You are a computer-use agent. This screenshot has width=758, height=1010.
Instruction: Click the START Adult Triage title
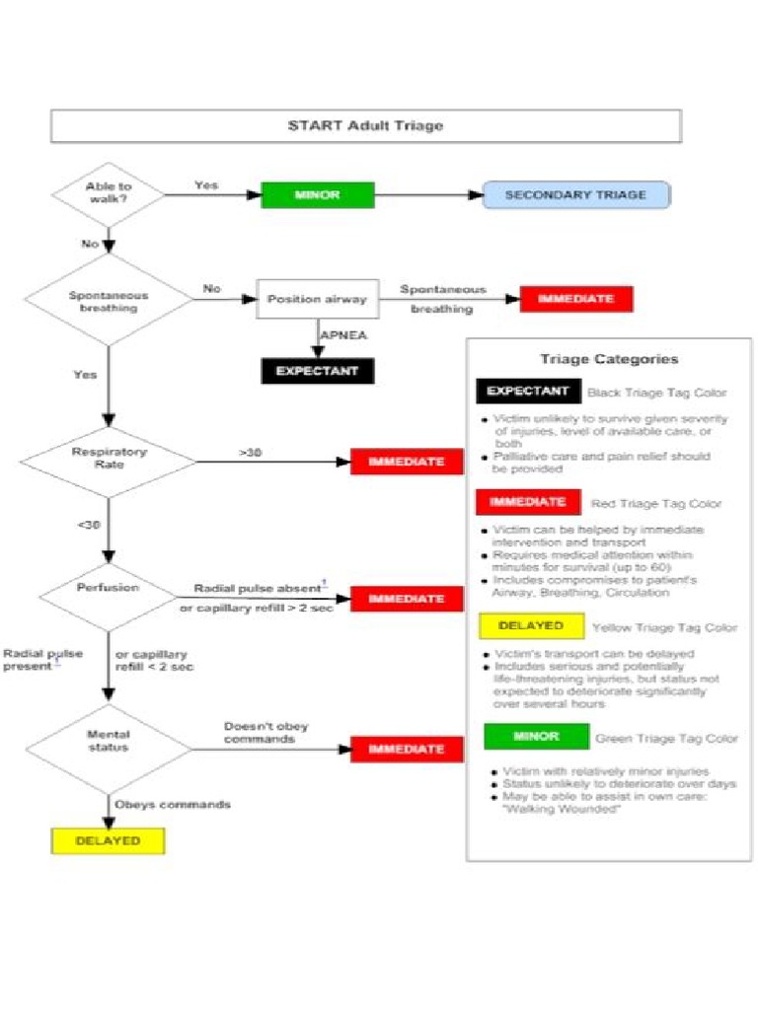click(365, 125)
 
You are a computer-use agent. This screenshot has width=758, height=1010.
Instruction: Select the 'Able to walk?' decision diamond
click(109, 193)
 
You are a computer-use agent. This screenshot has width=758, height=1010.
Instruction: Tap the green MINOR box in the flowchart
click(317, 195)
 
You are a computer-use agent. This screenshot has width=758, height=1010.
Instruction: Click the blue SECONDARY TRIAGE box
click(575, 195)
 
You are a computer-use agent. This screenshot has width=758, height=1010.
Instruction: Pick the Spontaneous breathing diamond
click(109, 301)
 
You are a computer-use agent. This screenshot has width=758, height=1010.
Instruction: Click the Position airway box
click(317, 299)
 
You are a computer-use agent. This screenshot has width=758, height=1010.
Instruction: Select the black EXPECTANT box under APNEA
click(317, 372)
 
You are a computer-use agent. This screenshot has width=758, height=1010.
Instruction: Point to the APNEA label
click(343, 335)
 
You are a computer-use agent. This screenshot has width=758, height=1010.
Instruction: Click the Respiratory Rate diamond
click(109, 459)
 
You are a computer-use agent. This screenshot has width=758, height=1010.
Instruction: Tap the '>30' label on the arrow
click(250, 453)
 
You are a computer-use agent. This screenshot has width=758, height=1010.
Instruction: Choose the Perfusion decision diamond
click(109, 589)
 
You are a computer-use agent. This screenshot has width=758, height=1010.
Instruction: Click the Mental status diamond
click(109, 742)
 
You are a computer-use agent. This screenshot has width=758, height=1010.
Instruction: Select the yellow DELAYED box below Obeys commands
click(108, 841)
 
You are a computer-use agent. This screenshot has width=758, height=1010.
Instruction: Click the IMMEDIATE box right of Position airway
click(576, 299)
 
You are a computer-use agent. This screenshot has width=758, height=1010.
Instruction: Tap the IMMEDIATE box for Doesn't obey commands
click(406, 750)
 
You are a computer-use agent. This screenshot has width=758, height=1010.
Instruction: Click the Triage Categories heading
click(609, 359)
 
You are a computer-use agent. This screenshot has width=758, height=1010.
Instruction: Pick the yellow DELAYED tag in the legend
click(530, 626)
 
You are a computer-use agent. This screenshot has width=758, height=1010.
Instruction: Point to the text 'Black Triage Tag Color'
click(656, 393)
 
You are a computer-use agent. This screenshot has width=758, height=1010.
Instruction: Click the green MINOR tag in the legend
click(536, 737)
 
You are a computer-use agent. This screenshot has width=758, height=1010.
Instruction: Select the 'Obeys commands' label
click(173, 804)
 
